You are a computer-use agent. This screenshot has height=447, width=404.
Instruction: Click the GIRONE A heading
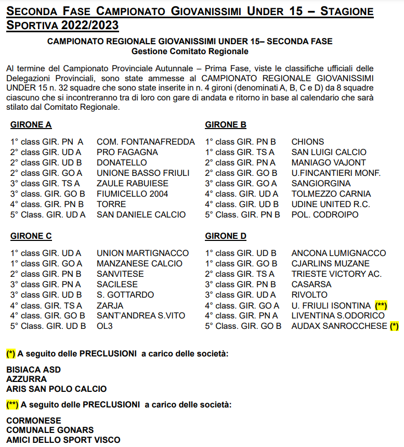pyautogui.click(x=31, y=125)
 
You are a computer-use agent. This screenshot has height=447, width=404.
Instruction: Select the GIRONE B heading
pyautogui.click(x=226, y=125)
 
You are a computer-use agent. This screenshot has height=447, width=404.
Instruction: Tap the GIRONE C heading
pyautogui.click(x=31, y=236)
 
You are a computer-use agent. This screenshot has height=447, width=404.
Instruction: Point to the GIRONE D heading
pyautogui.click(x=226, y=236)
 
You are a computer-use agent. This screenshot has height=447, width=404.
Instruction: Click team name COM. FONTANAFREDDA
pyautogui.click(x=146, y=142)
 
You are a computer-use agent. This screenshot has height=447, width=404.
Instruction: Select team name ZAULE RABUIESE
pyautogui.click(x=133, y=183)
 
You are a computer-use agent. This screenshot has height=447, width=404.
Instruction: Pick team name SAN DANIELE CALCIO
pyautogui.click(x=141, y=214)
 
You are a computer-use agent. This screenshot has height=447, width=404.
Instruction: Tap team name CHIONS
pyautogui.click(x=307, y=142)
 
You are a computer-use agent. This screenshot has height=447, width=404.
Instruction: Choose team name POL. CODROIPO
pyautogui.click(x=324, y=214)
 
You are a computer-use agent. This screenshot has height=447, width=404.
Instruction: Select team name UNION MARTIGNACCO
pyautogui.click(x=143, y=253)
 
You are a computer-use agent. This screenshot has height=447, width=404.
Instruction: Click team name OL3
pyautogui.click(x=105, y=326)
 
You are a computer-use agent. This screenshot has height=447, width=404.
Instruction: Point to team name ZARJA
pyautogui.click(x=110, y=305)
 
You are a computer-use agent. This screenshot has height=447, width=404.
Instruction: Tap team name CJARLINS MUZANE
pyautogui.click(x=330, y=263)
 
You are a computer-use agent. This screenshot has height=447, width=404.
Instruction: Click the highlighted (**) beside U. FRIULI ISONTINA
pyautogui.click(x=381, y=305)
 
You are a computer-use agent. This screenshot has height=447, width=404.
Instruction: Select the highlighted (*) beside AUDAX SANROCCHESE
pyautogui.click(x=394, y=326)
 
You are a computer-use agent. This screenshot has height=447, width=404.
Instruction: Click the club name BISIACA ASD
pyautogui.click(x=33, y=369)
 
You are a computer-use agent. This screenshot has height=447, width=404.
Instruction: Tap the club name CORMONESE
pyautogui.click(x=33, y=420)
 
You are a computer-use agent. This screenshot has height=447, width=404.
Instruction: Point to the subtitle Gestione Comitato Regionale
pyautogui.click(x=190, y=52)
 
